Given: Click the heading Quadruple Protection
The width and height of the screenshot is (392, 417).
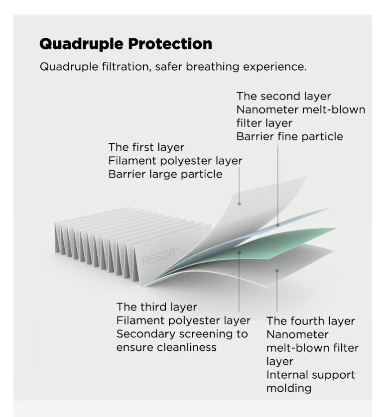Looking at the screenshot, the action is (x=126, y=44).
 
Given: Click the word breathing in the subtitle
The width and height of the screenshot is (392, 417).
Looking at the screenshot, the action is (x=212, y=67).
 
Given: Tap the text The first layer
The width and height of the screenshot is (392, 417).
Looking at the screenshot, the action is (x=146, y=147).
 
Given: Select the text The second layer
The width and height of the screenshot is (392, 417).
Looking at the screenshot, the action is (x=283, y=96).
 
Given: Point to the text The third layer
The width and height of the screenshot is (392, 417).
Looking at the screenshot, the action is (x=157, y=307).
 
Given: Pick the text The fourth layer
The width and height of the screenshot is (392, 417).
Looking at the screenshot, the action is (x=311, y=321).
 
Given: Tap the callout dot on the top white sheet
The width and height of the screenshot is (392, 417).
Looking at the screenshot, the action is (x=239, y=204).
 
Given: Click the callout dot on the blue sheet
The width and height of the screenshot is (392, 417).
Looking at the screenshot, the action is (x=277, y=225).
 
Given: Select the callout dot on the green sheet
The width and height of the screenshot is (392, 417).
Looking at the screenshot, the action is (x=239, y=253).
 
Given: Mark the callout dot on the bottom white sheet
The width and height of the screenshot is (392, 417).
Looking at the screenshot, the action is (x=277, y=271).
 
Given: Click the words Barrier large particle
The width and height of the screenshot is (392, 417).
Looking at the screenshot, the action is (x=165, y=174).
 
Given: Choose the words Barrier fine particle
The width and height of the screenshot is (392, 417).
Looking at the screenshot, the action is (x=289, y=136).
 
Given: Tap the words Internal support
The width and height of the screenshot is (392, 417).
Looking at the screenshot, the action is (x=311, y=375).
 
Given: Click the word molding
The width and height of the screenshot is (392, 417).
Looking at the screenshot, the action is (x=289, y=388).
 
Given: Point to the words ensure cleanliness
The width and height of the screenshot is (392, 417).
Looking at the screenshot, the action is (x=166, y=347).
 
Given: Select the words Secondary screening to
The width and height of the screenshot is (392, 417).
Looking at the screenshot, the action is (x=182, y=334).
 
